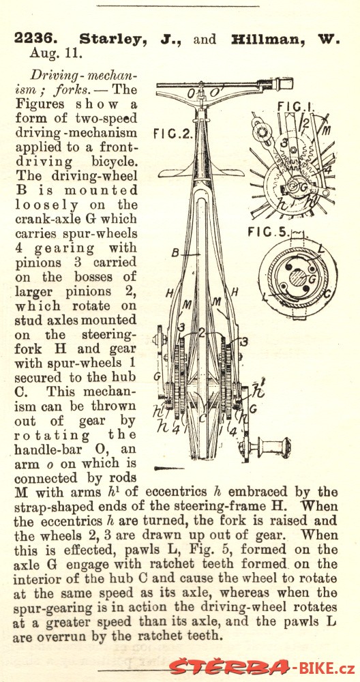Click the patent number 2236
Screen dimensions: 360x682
click(36, 39)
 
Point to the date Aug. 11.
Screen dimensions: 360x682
click(56, 54)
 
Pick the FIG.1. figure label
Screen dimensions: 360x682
click(290, 106)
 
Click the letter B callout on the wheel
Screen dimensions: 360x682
click(176, 253)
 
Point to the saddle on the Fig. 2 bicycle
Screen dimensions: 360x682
click(200, 171)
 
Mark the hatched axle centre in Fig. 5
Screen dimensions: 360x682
click(298, 277)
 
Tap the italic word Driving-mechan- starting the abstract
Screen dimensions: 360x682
click(83, 76)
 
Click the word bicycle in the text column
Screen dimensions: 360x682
click(115, 162)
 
